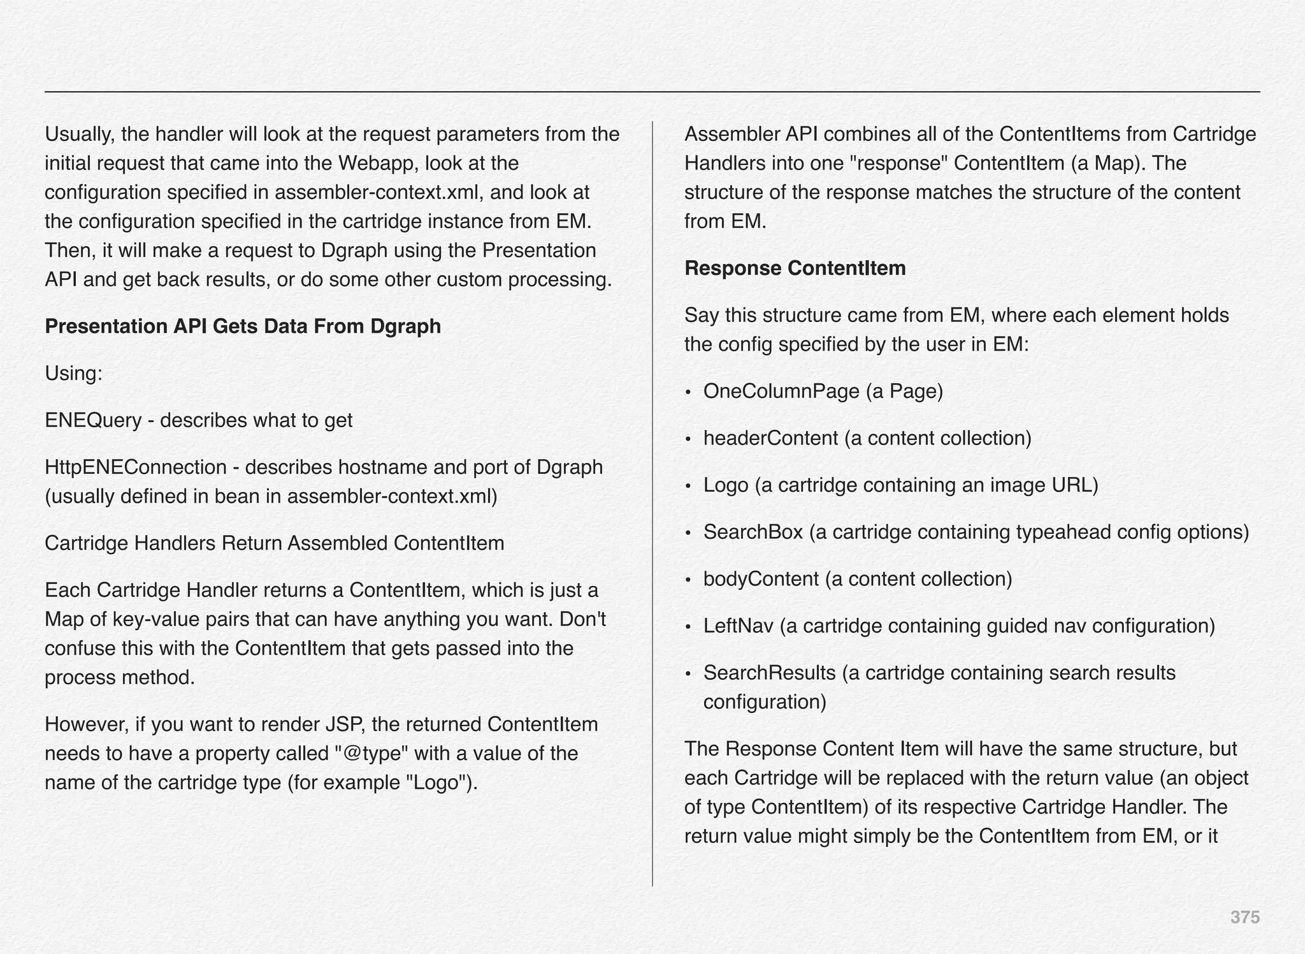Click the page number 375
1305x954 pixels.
[1244, 918]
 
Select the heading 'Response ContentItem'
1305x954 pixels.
[795, 268]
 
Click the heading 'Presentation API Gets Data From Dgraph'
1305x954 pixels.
[243, 327]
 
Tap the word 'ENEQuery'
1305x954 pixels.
[93, 421]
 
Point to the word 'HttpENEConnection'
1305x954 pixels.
[136, 467]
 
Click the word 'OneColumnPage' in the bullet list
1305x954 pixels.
[781, 392]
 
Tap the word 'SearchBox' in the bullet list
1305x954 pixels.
[753, 532]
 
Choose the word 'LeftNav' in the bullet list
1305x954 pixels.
[738, 626]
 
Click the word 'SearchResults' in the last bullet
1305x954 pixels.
[769, 673]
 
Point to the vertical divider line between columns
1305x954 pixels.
[652, 504]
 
